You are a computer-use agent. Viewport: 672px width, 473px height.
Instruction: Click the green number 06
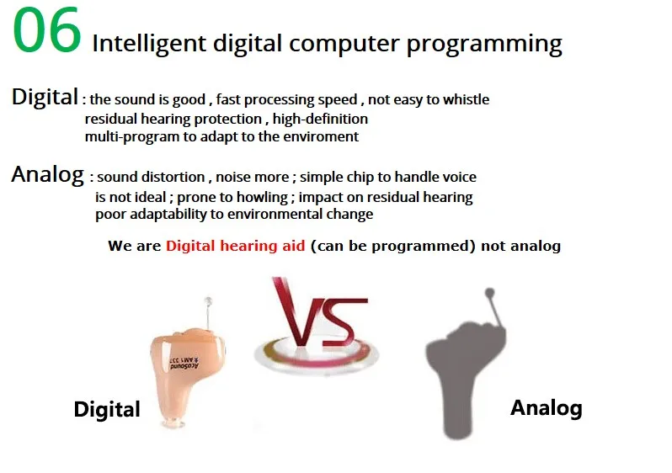(x=47, y=30)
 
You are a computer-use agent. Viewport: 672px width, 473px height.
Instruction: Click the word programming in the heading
(x=484, y=45)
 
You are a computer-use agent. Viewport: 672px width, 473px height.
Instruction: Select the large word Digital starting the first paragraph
(x=45, y=97)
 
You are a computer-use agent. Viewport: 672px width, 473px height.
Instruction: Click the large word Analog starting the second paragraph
(x=47, y=175)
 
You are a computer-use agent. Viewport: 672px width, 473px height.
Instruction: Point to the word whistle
(x=466, y=99)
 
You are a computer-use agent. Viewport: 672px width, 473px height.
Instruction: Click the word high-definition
(x=320, y=119)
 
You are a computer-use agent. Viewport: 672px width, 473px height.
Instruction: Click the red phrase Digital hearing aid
(x=235, y=246)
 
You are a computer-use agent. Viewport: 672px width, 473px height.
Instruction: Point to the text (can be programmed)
(x=393, y=246)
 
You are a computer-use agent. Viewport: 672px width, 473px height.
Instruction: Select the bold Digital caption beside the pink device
(x=107, y=409)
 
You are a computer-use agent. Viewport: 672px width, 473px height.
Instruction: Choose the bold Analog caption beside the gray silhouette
(x=547, y=408)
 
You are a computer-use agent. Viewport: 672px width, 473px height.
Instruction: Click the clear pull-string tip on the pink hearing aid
(x=208, y=301)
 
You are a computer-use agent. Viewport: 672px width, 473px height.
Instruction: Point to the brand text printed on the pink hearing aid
(x=184, y=364)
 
